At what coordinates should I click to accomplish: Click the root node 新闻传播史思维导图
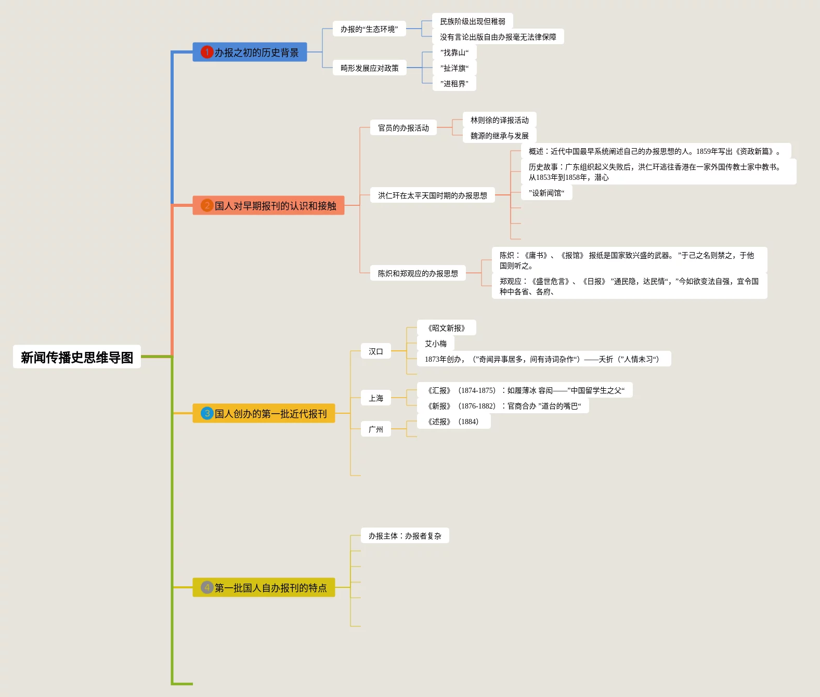point(77,357)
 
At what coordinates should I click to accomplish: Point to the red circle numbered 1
point(207,52)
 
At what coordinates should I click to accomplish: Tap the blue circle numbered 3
point(207,413)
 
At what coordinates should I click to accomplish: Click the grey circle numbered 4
point(207,587)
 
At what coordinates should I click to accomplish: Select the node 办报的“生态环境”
point(369,29)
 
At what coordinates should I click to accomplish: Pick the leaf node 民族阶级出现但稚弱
point(472,21)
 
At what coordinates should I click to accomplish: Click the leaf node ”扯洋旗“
point(454,68)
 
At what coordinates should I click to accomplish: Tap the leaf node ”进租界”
point(454,84)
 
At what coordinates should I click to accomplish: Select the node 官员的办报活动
point(404,128)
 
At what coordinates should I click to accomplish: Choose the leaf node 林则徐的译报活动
point(499,120)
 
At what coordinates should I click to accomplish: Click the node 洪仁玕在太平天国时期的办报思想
point(433,195)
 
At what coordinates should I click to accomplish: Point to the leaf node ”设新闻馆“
point(546,193)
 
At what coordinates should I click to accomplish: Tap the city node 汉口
point(376,351)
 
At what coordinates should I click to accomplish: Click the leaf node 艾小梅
point(436,344)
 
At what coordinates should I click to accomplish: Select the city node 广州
point(376,429)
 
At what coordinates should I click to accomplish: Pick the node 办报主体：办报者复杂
point(405,536)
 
